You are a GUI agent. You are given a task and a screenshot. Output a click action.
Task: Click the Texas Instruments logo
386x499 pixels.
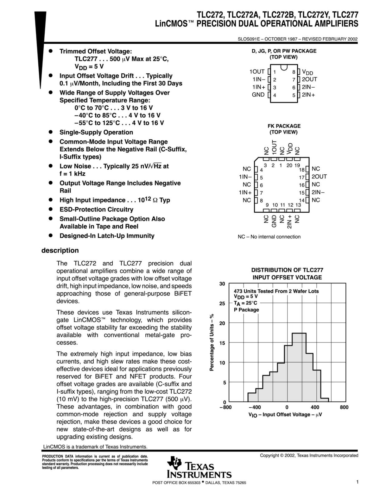click(x=199, y=467)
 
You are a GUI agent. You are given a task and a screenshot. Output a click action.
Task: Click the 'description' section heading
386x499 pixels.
click(x=60, y=250)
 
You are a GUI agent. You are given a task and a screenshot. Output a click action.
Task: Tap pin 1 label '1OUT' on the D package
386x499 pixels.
click(x=257, y=71)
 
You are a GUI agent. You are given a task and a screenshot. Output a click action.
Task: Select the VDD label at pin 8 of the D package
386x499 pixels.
click(x=307, y=72)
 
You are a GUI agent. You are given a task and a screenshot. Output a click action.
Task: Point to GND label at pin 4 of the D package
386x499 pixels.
click(x=258, y=94)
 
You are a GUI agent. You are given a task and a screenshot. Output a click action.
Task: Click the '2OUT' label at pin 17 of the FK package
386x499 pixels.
click(x=319, y=177)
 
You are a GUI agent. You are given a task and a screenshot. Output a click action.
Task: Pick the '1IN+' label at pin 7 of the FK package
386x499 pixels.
click(x=245, y=192)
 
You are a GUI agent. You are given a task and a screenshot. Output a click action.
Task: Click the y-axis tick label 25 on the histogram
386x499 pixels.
click(x=222, y=303)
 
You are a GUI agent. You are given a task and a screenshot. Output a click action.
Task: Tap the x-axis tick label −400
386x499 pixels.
click(x=255, y=407)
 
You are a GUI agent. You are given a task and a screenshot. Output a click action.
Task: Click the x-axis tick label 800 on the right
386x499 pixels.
click(x=344, y=407)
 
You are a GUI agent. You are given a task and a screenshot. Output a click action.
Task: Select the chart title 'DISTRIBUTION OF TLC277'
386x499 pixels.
click(x=287, y=270)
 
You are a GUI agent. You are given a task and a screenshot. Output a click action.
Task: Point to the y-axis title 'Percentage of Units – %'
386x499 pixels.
click(x=212, y=342)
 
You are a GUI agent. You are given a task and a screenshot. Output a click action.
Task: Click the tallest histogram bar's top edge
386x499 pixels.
click(x=299, y=333)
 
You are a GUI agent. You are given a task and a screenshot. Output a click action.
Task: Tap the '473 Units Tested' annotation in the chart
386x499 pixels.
click(x=276, y=291)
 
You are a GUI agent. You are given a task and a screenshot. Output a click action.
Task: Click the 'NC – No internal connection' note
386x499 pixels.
click(x=269, y=237)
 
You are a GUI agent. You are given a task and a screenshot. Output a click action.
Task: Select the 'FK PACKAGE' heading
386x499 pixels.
click(x=284, y=126)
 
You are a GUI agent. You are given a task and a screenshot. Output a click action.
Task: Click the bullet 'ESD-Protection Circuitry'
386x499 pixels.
click(x=96, y=210)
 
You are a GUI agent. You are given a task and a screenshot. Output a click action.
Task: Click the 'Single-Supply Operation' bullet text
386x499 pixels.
click(x=96, y=132)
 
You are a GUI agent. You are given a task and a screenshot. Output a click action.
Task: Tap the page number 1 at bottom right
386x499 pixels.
click(x=357, y=482)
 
